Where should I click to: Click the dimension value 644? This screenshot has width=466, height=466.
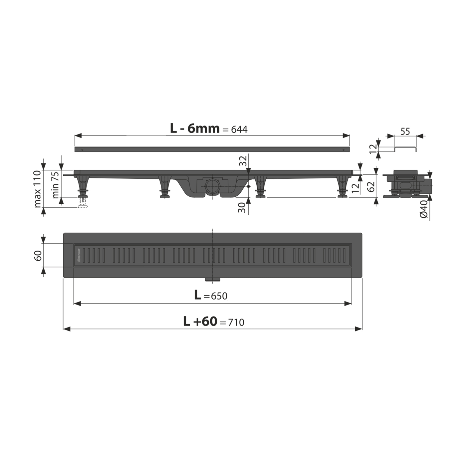[239, 129]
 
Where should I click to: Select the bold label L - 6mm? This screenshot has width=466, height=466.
[195, 128]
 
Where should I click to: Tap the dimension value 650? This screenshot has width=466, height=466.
[219, 296]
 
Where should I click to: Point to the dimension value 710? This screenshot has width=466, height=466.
[236, 322]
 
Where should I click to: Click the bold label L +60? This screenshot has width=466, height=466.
[200, 321]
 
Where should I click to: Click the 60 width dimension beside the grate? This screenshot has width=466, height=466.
[38, 255]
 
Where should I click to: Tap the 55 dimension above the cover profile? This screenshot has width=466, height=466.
[405, 131]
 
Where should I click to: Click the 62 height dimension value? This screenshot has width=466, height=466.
[372, 186]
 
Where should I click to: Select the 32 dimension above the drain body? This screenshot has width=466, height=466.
[244, 161]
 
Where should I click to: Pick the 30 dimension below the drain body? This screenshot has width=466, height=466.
[243, 207]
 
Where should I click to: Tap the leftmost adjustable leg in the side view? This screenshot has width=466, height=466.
[83, 186]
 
